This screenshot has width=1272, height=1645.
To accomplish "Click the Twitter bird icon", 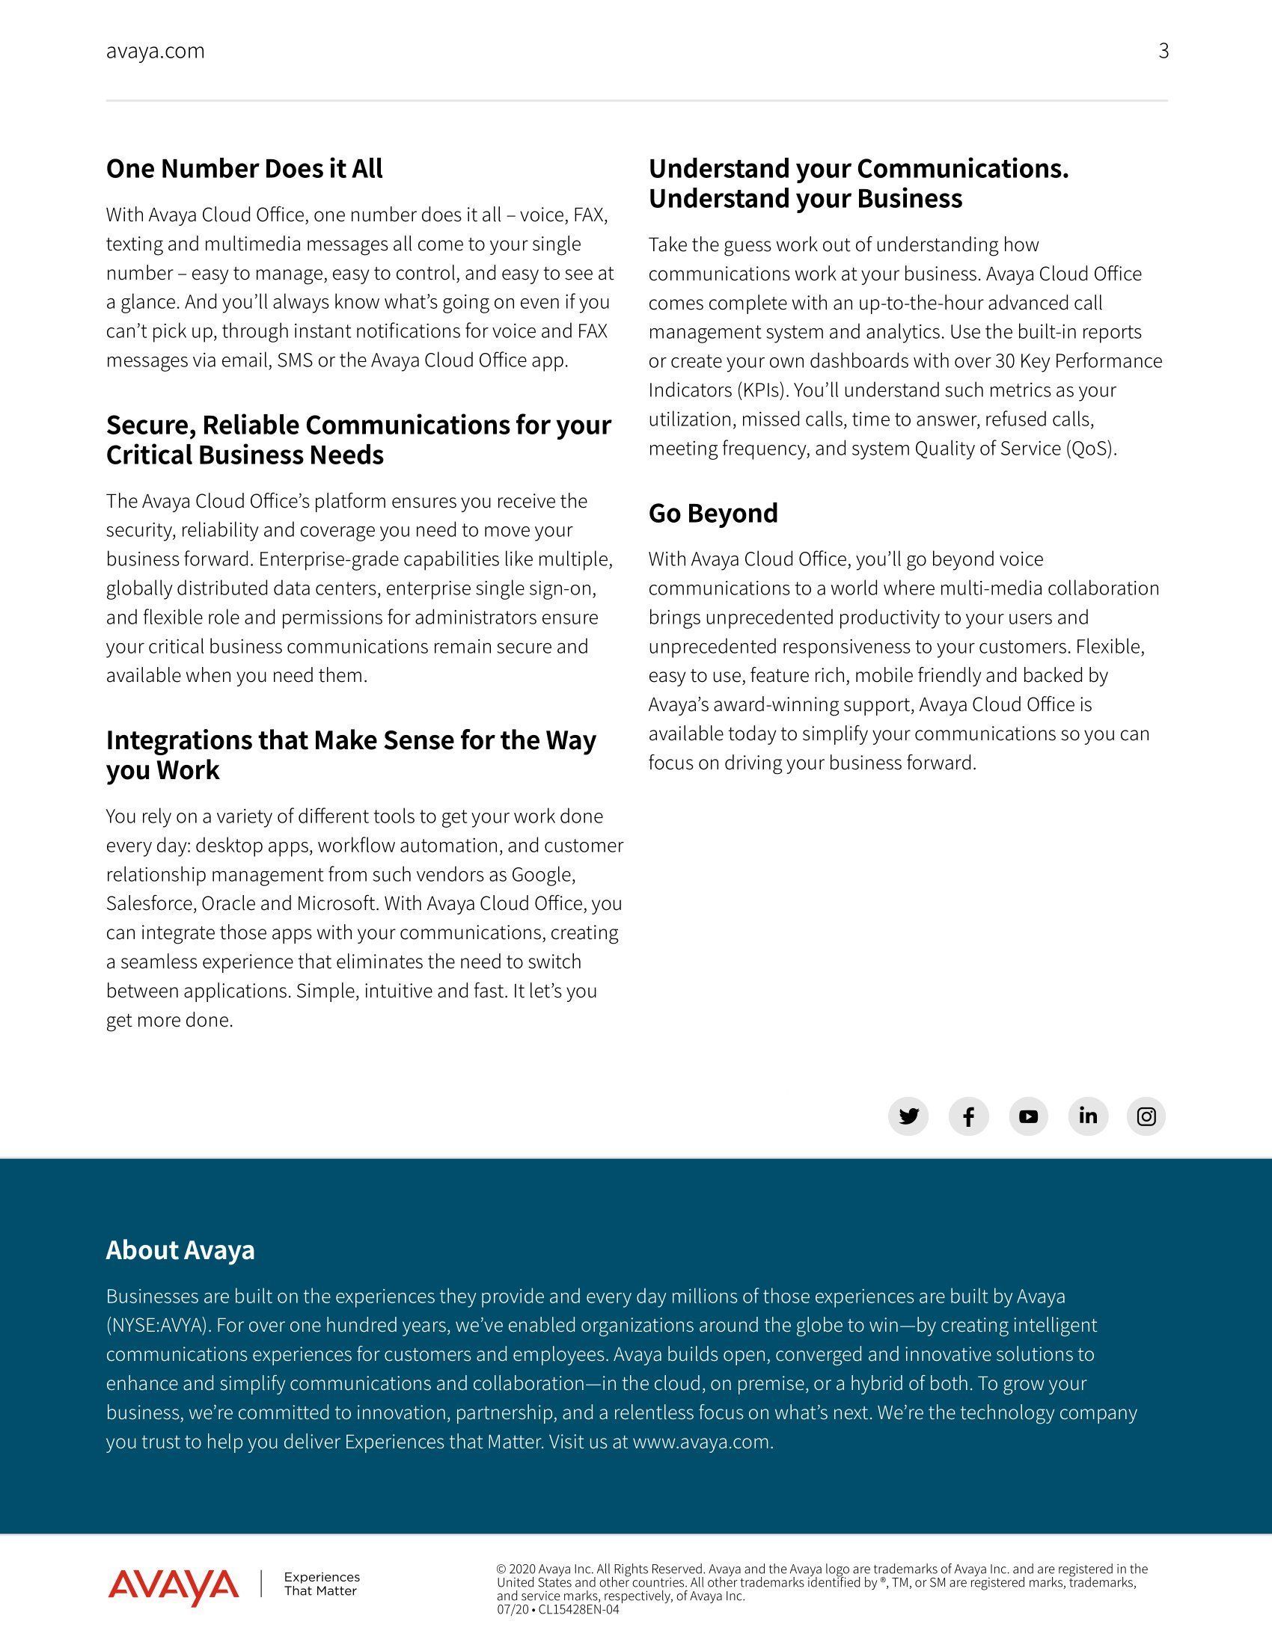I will [x=908, y=1116].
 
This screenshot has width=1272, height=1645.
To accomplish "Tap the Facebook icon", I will [x=968, y=1116].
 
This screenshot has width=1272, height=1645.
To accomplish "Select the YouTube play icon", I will [x=1028, y=1116].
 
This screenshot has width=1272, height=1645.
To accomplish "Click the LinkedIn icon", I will [x=1087, y=1116].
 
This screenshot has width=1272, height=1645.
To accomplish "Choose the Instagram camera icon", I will [x=1146, y=1116].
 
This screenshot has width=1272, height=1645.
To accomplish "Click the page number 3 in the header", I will [x=1164, y=51].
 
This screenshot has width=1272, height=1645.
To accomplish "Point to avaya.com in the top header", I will [x=155, y=51].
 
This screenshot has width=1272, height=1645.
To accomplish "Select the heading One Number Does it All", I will [x=244, y=169].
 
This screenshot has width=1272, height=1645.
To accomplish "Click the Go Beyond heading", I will [x=713, y=513].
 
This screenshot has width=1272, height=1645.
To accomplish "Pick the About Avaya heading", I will [x=180, y=1249].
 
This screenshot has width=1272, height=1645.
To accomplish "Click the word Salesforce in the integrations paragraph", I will [x=150, y=903].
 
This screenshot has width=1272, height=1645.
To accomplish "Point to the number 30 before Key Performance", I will [x=1004, y=361].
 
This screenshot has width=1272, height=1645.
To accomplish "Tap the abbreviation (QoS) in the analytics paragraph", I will [x=1090, y=449].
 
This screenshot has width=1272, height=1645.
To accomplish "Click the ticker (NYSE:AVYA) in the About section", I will [x=157, y=1325].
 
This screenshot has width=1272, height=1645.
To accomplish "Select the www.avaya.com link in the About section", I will [x=702, y=1442].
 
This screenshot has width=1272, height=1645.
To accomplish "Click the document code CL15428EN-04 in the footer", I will [x=578, y=1610].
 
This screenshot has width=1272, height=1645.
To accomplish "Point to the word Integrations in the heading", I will [x=179, y=740].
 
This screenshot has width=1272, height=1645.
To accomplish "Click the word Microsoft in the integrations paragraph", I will [x=335, y=903].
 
